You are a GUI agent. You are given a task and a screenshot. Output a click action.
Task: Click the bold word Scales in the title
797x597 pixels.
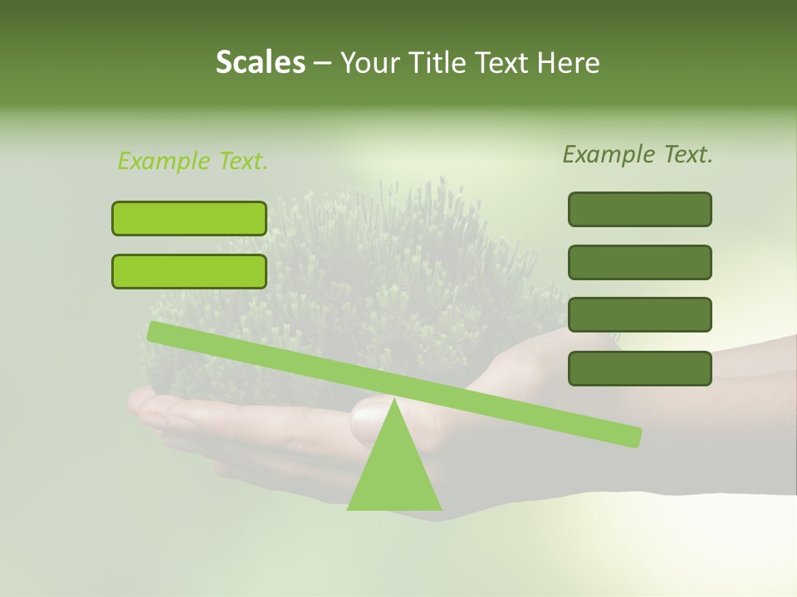click(x=260, y=62)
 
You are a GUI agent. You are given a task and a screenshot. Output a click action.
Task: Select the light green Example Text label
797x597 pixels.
click(x=193, y=161)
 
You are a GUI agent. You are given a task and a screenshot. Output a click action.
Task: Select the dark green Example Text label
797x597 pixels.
click(x=638, y=154)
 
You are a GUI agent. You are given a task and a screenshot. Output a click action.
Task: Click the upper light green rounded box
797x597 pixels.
click(x=189, y=218)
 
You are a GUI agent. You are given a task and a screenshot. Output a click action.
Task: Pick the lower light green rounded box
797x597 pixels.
click(x=189, y=271)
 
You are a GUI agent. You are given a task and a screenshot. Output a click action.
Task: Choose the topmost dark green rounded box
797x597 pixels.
click(x=639, y=209)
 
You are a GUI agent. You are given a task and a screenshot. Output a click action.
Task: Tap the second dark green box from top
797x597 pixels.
click(x=639, y=262)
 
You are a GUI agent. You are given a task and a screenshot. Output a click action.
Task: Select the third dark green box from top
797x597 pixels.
click(x=639, y=314)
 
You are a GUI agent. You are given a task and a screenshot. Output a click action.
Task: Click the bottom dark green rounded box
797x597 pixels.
click(x=639, y=368)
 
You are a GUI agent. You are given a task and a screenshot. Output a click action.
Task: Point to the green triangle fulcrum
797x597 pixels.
click(x=394, y=473)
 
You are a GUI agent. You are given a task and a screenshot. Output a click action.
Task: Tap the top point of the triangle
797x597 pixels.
click(x=394, y=400)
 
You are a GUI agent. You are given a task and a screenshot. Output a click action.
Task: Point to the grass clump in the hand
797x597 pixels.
click(x=374, y=282)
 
